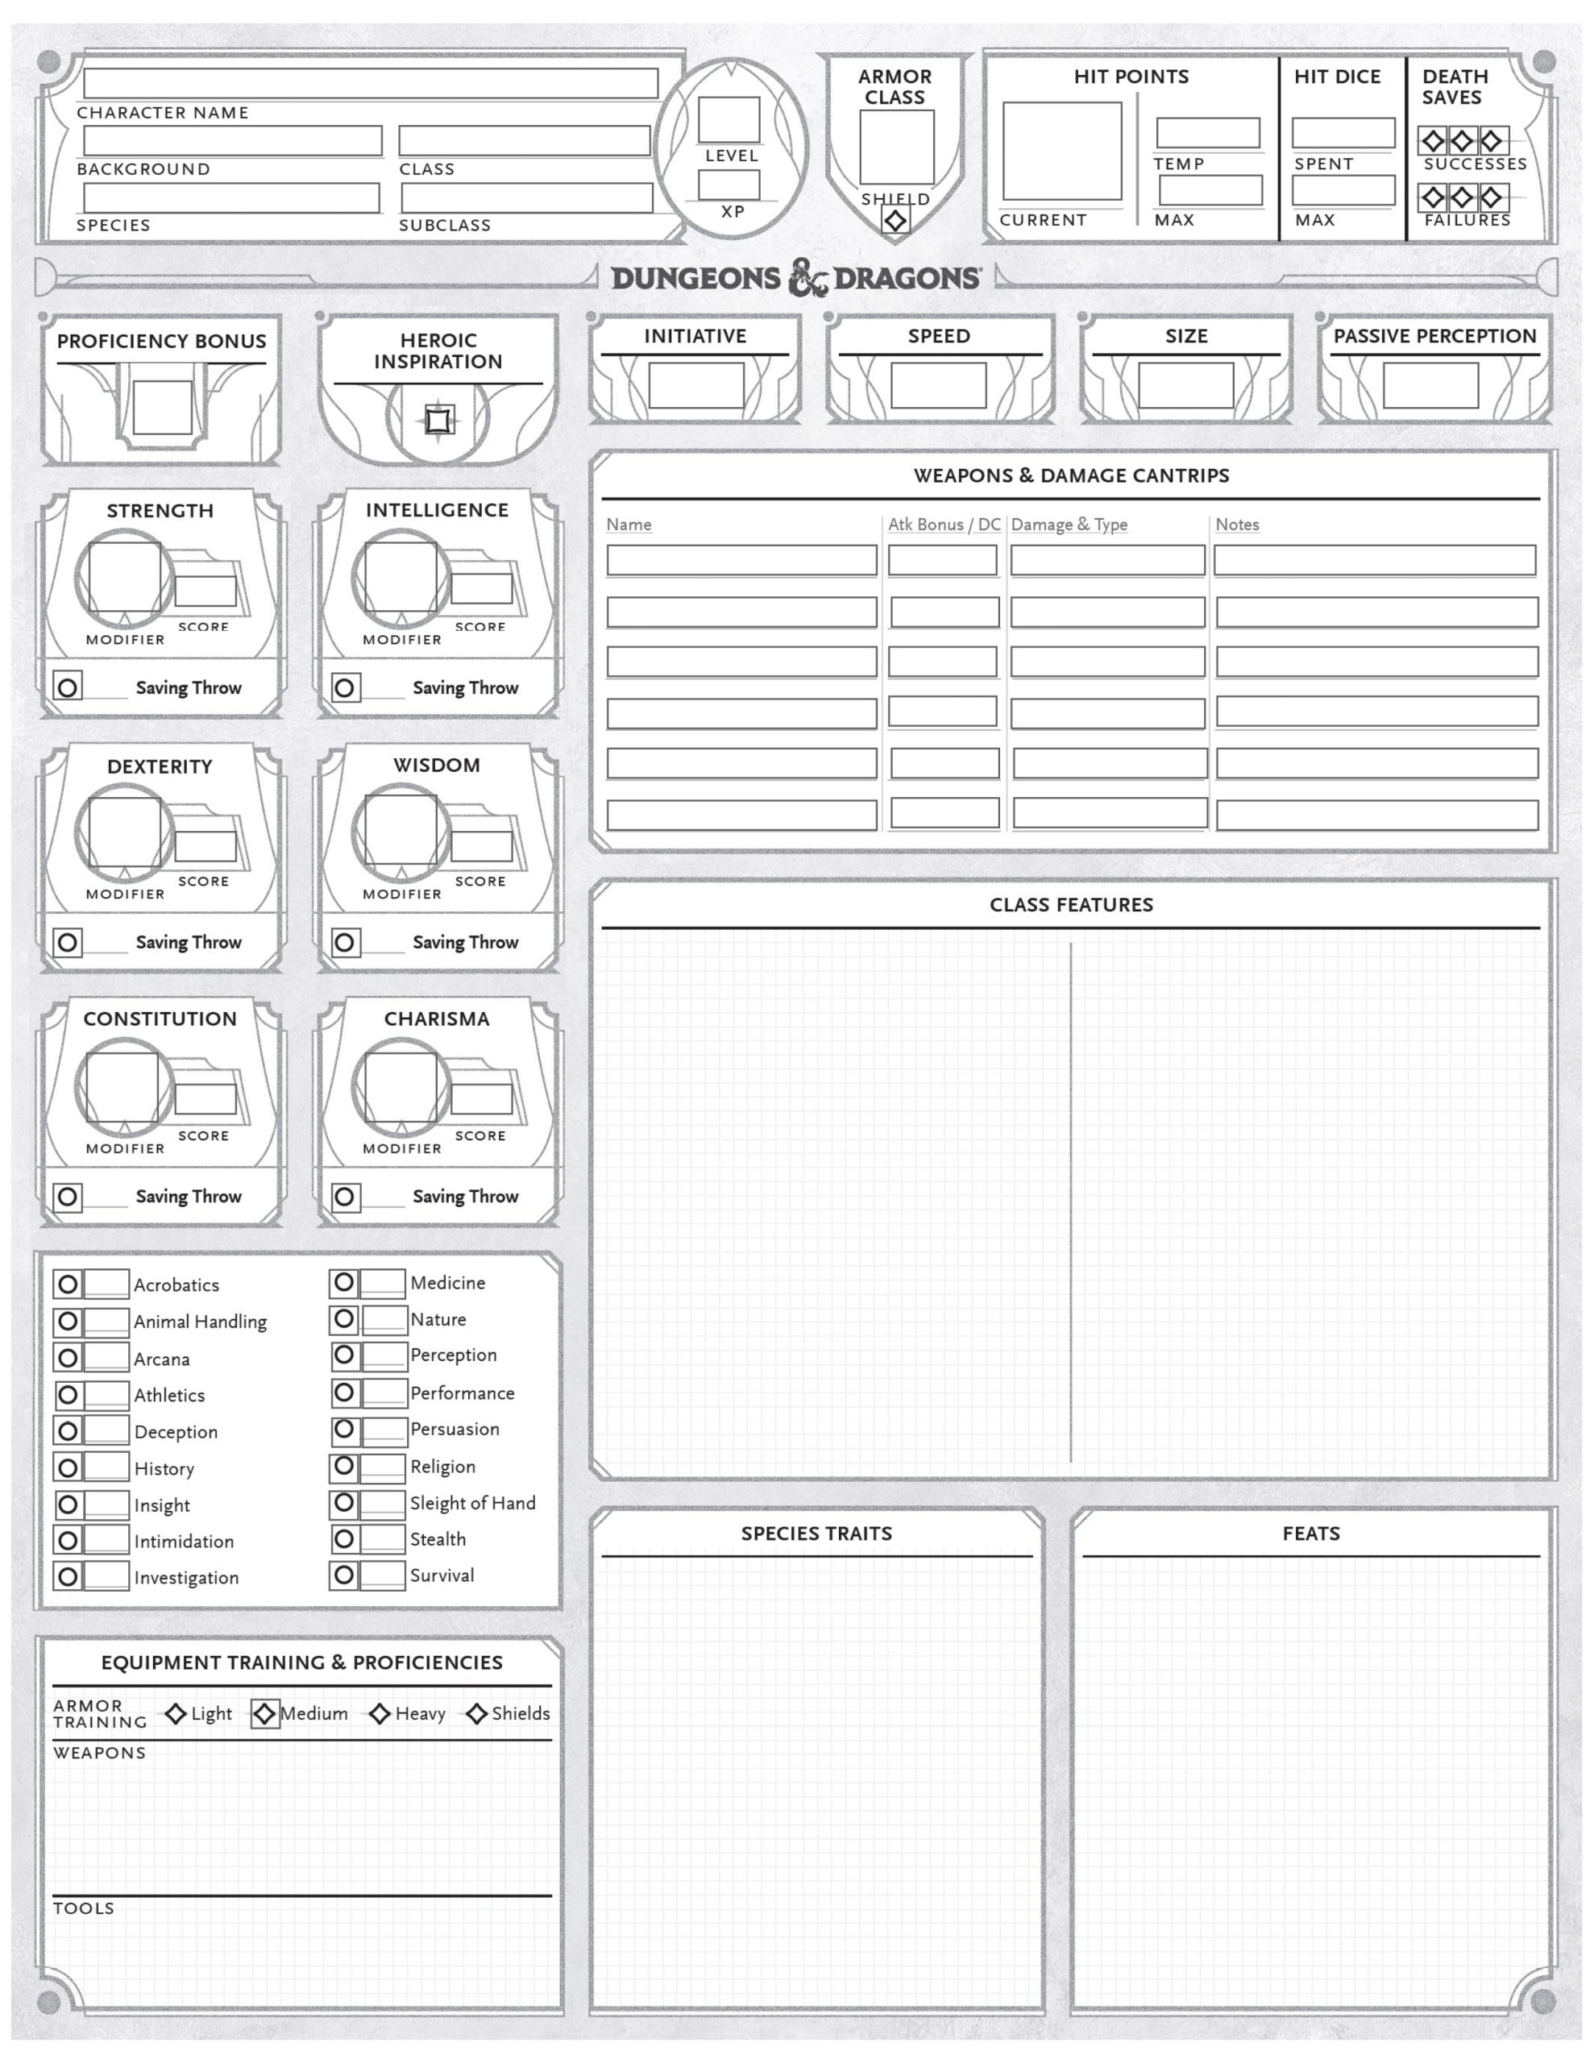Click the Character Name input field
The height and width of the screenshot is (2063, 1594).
(371, 83)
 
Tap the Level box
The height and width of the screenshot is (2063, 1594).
(729, 120)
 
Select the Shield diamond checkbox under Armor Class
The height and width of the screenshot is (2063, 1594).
(895, 220)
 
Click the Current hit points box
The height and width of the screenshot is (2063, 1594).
(1061, 152)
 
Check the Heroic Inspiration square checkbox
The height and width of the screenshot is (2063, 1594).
(438, 419)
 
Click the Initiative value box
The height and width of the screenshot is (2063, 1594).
(695, 385)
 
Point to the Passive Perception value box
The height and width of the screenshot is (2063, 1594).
(1430, 385)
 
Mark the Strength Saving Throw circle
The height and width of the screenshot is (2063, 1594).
(67, 687)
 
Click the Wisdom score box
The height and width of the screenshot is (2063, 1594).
(481, 845)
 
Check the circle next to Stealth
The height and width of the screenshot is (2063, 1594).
(344, 1538)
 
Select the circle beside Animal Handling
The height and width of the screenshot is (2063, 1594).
(67, 1322)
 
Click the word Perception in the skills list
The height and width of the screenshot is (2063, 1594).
(453, 1355)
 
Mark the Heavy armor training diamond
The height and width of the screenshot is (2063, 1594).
(379, 1713)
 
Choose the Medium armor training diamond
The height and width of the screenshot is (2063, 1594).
(264, 1713)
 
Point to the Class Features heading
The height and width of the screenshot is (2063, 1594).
(1070, 904)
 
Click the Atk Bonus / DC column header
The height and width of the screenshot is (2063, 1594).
(943, 525)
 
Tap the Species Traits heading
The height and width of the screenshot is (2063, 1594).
(816, 1533)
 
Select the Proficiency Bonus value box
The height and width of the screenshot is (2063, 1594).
(161, 407)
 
